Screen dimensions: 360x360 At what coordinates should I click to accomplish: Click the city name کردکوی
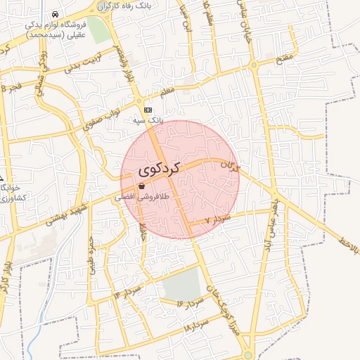point(160,169)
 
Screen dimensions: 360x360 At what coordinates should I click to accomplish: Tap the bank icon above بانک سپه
point(148,110)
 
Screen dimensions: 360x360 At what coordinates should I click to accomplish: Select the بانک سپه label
point(148,120)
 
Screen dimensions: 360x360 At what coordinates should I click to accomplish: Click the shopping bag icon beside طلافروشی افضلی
point(142,186)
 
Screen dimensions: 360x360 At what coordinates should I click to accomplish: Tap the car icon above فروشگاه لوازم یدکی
point(56,14)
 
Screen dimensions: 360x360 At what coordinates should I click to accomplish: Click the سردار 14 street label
point(127,292)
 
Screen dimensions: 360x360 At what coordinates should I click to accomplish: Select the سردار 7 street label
point(218,220)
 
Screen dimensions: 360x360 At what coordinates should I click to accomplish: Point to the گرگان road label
point(230,166)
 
